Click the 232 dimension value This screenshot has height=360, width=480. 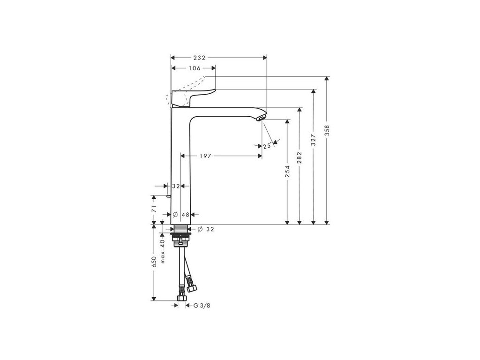click(x=199, y=58)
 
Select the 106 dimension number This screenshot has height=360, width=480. click(x=195, y=68)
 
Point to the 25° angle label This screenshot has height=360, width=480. click(x=267, y=146)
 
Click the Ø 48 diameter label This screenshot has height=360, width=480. click(x=180, y=214)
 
